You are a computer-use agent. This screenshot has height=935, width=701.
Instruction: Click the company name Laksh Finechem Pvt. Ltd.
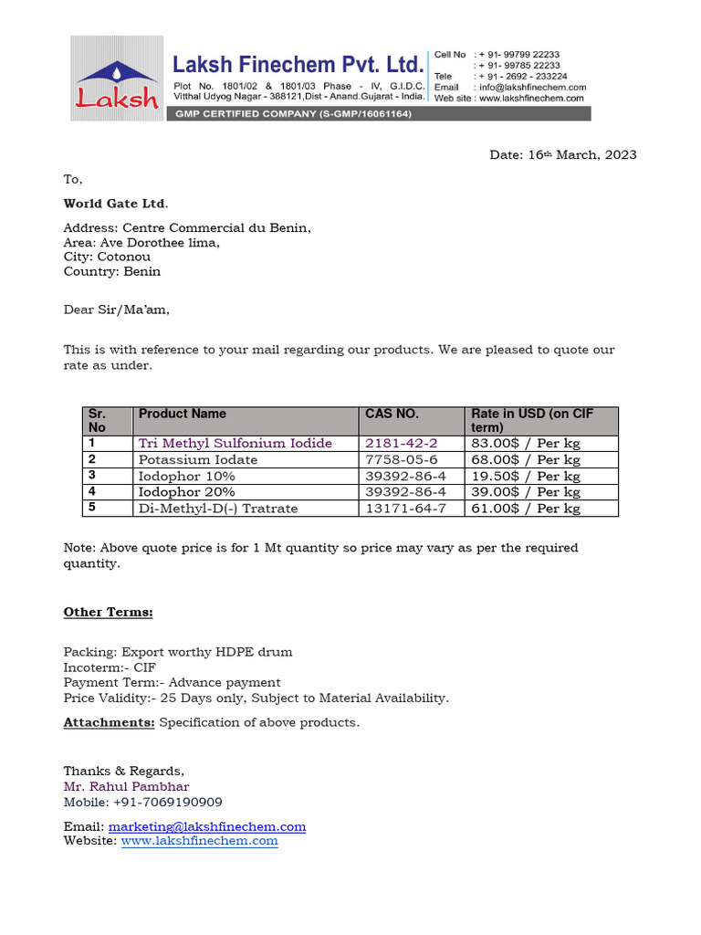pos(298,64)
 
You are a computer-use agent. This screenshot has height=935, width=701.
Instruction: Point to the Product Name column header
pos(183,414)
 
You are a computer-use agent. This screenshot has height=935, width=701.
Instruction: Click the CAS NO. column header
pos(392,414)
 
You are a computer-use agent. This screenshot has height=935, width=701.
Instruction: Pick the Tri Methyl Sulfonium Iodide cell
pos(235,443)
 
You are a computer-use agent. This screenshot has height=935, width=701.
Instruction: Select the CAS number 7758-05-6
pos(402,459)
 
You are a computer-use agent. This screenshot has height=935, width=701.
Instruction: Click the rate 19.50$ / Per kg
pos(525,476)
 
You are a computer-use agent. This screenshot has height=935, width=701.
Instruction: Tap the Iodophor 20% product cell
pos(187,492)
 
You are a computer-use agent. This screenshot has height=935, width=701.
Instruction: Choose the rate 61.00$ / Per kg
pos(525,509)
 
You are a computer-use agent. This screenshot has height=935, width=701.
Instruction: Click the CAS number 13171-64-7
pos(405,509)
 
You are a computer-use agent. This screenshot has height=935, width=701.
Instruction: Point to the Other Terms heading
pos(108,612)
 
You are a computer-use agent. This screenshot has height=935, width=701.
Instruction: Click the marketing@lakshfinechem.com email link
pos(207,826)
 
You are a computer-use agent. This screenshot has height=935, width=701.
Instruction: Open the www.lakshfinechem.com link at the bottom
pos(199,841)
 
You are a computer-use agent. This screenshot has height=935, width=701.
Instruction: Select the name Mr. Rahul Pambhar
pos(126,786)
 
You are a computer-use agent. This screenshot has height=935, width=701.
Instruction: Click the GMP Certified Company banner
pos(294,113)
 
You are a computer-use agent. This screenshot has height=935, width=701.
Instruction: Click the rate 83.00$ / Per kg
pos(525,443)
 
